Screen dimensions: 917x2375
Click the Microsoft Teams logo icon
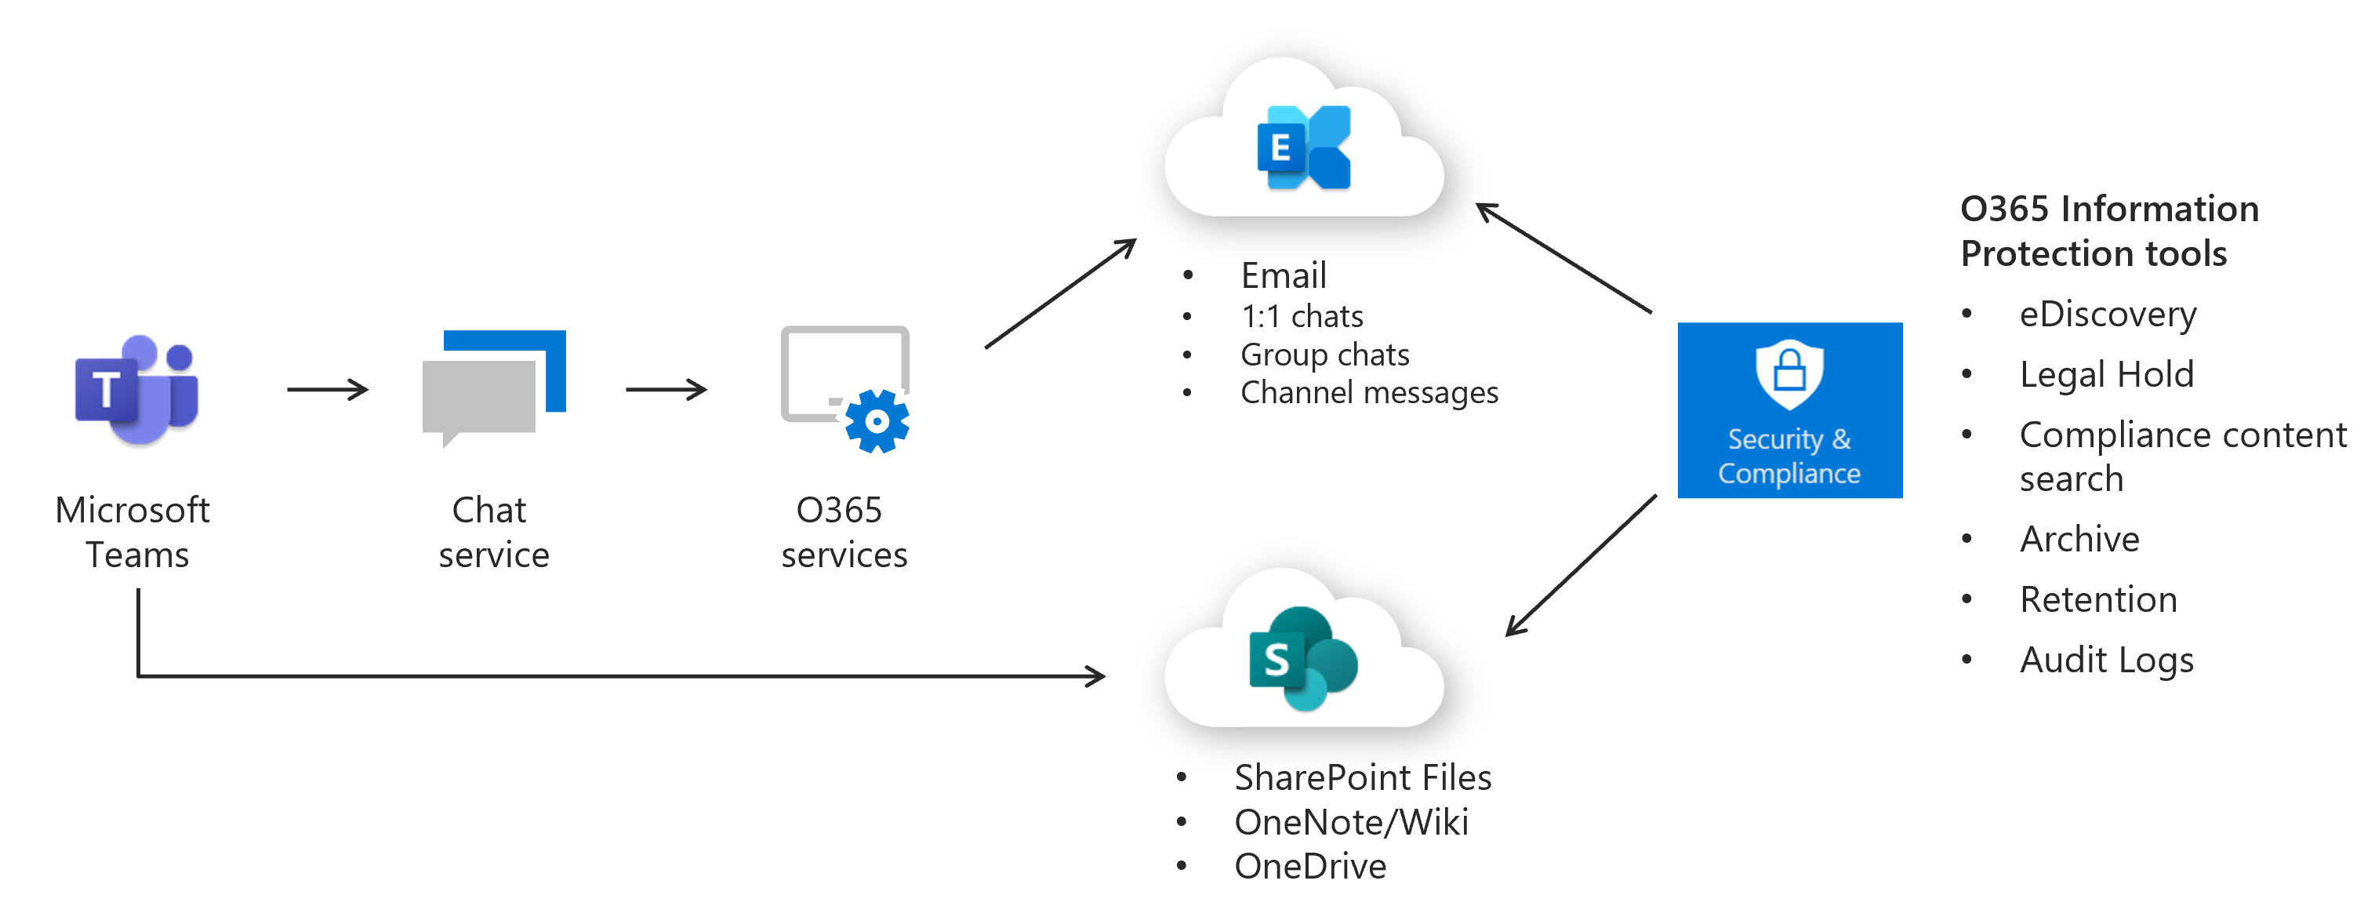[136, 389]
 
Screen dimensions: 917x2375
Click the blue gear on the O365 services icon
[877, 421]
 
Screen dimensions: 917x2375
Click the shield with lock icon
[1789, 373]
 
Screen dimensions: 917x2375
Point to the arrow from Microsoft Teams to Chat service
[327, 389]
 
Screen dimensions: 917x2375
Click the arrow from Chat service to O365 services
[666, 389]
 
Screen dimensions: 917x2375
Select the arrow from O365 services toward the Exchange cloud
[1060, 293]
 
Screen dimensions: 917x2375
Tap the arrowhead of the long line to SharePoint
[1095, 676]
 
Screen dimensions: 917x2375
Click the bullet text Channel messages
[1368, 393]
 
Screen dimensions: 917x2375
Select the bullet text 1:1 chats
[1301, 316]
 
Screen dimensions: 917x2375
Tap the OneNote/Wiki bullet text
[1351, 822]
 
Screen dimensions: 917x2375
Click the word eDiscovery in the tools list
[2107, 315]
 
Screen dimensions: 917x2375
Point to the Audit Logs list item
[2106, 660]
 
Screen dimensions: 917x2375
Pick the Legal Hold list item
[2106, 374]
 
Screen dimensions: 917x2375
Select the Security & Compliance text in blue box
[1789, 456]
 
